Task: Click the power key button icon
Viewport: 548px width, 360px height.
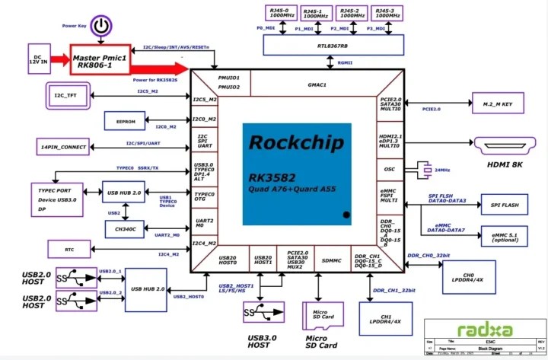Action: pos(101,28)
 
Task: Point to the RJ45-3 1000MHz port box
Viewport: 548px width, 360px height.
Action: pos(388,14)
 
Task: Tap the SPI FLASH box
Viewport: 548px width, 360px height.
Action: pos(503,205)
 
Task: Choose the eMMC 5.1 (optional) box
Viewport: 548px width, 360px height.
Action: pos(503,235)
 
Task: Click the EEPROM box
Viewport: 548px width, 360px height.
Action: pos(125,119)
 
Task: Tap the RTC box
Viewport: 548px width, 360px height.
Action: pos(69,248)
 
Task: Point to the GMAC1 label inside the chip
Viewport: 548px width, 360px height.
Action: pos(317,84)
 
